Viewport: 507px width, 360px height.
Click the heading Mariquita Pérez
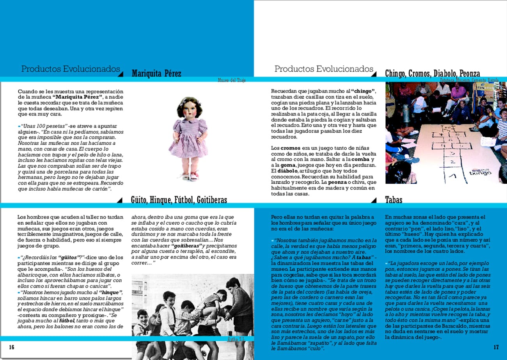156,74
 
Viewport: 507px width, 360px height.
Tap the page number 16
12,347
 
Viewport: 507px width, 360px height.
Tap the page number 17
496,347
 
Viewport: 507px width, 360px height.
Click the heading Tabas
394,200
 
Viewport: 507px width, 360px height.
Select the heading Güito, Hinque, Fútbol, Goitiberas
179,200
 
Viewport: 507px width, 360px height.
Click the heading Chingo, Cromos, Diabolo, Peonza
432,73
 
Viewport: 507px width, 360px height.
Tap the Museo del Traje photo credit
232,80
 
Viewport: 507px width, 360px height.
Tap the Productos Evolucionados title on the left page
70,69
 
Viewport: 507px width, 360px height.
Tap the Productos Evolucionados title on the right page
324,69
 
